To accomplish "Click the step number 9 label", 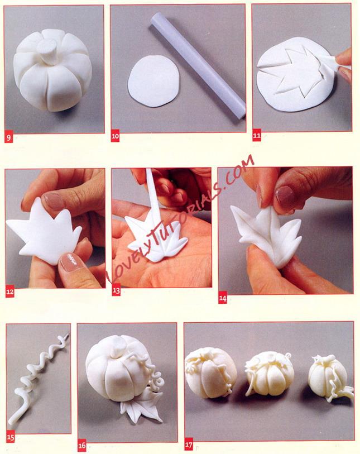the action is (8, 137).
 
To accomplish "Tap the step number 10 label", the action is (115, 137).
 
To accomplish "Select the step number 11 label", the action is (256, 135).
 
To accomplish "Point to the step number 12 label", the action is (10, 292).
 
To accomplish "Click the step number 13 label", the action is (116, 291).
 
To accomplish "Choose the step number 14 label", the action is (223, 299).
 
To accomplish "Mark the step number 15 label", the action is (11, 437).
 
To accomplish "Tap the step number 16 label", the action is (82, 446).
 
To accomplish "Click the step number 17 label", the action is (189, 445).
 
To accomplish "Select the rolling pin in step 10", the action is (198, 66).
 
